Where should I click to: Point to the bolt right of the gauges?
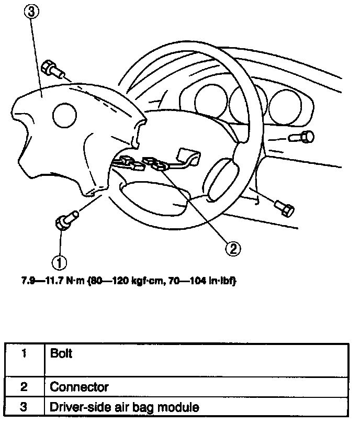(x=302, y=138)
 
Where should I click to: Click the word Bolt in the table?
(x=61, y=353)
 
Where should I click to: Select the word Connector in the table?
(x=79, y=387)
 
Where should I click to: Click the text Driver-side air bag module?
(x=124, y=406)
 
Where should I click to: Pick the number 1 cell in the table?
(x=24, y=354)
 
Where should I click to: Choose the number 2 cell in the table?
(x=24, y=387)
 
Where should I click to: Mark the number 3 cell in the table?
(x=24, y=406)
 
